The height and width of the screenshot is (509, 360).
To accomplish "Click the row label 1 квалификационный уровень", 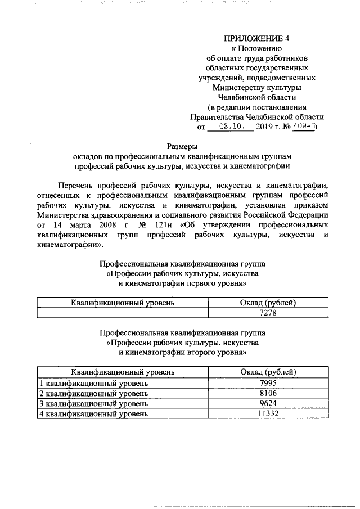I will tap(94, 382).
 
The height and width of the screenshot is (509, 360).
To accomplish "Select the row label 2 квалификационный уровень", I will tap(94, 393).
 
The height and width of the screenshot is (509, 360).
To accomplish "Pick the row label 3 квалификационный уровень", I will tap(94, 403).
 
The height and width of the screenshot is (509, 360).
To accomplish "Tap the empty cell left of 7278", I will tap(122, 313).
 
